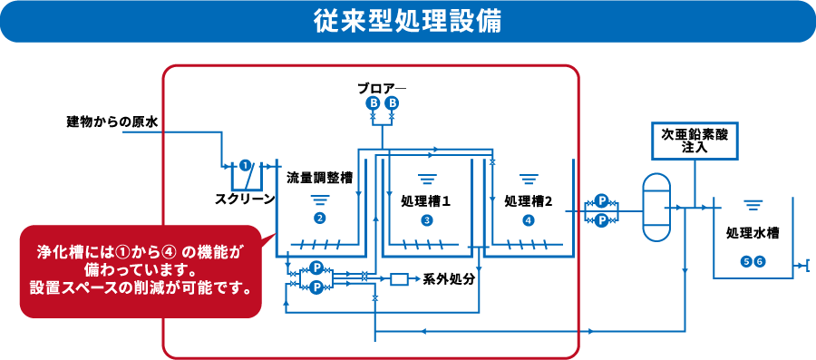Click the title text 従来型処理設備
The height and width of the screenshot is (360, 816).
(408, 21)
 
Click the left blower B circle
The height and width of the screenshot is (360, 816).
(373, 103)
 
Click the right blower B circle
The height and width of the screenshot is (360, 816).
(392, 103)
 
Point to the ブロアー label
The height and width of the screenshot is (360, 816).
(381, 88)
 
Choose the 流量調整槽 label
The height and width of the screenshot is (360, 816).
(319, 178)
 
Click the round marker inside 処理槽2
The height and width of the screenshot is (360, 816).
(528, 219)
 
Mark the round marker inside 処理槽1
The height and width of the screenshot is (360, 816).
(426, 219)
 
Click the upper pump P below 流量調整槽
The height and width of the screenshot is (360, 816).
(316, 268)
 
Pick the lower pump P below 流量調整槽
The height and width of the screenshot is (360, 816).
(316, 287)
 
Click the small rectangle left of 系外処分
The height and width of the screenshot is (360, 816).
(399, 278)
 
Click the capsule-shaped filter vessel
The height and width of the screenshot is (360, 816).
(654, 208)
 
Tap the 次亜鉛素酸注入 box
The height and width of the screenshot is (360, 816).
(695, 140)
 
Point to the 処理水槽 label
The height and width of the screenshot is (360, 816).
(753, 233)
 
